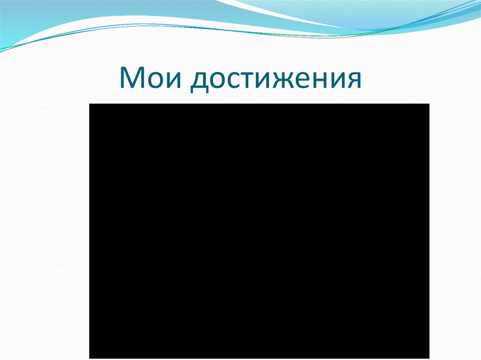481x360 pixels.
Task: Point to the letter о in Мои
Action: (155, 81)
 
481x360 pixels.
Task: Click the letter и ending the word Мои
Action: (173, 81)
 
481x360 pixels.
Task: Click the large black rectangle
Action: (259, 230)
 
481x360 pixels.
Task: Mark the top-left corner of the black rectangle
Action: (89, 104)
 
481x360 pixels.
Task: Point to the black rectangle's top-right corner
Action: (429, 104)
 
